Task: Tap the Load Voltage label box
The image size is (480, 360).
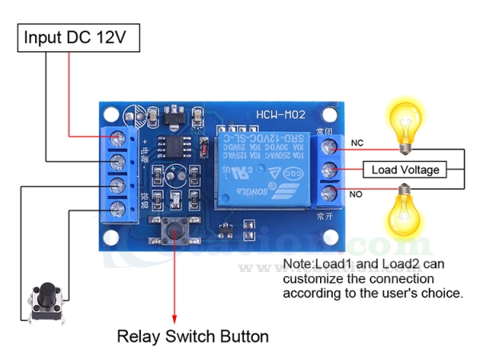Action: click(x=405, y=170)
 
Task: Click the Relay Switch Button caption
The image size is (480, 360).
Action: click(x=193, y=336)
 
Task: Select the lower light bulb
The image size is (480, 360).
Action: click(x=406, y=211)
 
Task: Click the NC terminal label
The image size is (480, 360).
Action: click(x=357, y=144)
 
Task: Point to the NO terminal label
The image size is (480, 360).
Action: click(x=357, y=194)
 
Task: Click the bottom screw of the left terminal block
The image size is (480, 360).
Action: click(x=119, y=210)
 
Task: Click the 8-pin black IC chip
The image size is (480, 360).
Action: click(x=173, y=146)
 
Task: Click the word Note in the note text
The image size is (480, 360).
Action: click(x=298, y=264)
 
